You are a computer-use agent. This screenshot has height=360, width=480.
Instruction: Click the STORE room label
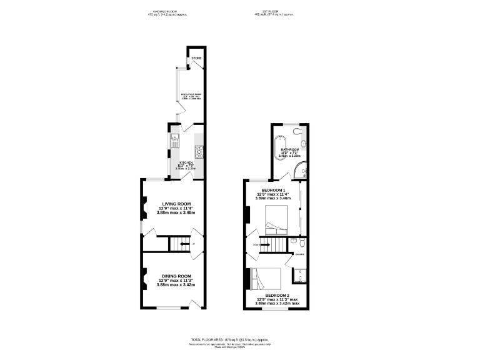pos(196,58)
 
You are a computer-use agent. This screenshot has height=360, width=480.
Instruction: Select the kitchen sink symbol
pos(176,139)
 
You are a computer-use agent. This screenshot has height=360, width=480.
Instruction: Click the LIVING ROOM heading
pos(176,204)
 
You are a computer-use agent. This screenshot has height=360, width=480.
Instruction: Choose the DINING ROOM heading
pos(176,276)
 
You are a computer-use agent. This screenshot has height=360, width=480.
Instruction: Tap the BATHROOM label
pos(289,150)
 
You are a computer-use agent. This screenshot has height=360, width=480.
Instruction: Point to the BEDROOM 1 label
pos(273,189)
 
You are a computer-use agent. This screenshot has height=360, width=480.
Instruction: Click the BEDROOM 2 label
pos(277,295)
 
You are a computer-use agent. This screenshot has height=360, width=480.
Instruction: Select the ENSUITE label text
pos(300,255)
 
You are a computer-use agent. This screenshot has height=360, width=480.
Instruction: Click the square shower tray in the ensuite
pos(298,276)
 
